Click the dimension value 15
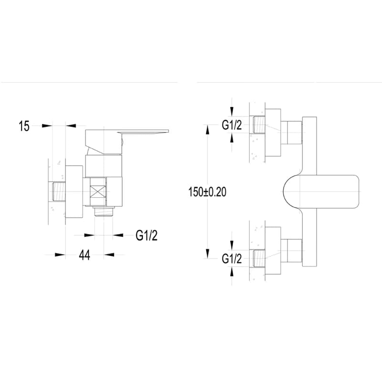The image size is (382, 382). pyautogui.click(x=24, y=126)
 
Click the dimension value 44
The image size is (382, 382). pyautogui.click(x=85, y=255)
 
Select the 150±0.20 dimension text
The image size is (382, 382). pyautogui.click(x=207, y=192)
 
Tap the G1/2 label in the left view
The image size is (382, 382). pyautogui.click(x=147, y=235)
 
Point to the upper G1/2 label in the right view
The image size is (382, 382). pyautogui.click(x=232, y=125)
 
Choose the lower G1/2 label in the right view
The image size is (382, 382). pyautogui.click(x=232, y=258)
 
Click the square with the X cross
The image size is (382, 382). pyautogui.click(x=98, y=191)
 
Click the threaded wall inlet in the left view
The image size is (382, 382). pyautogui.click(x=59, y=191)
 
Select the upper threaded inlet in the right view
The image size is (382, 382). pyautogui.click(x=259, y=125)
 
